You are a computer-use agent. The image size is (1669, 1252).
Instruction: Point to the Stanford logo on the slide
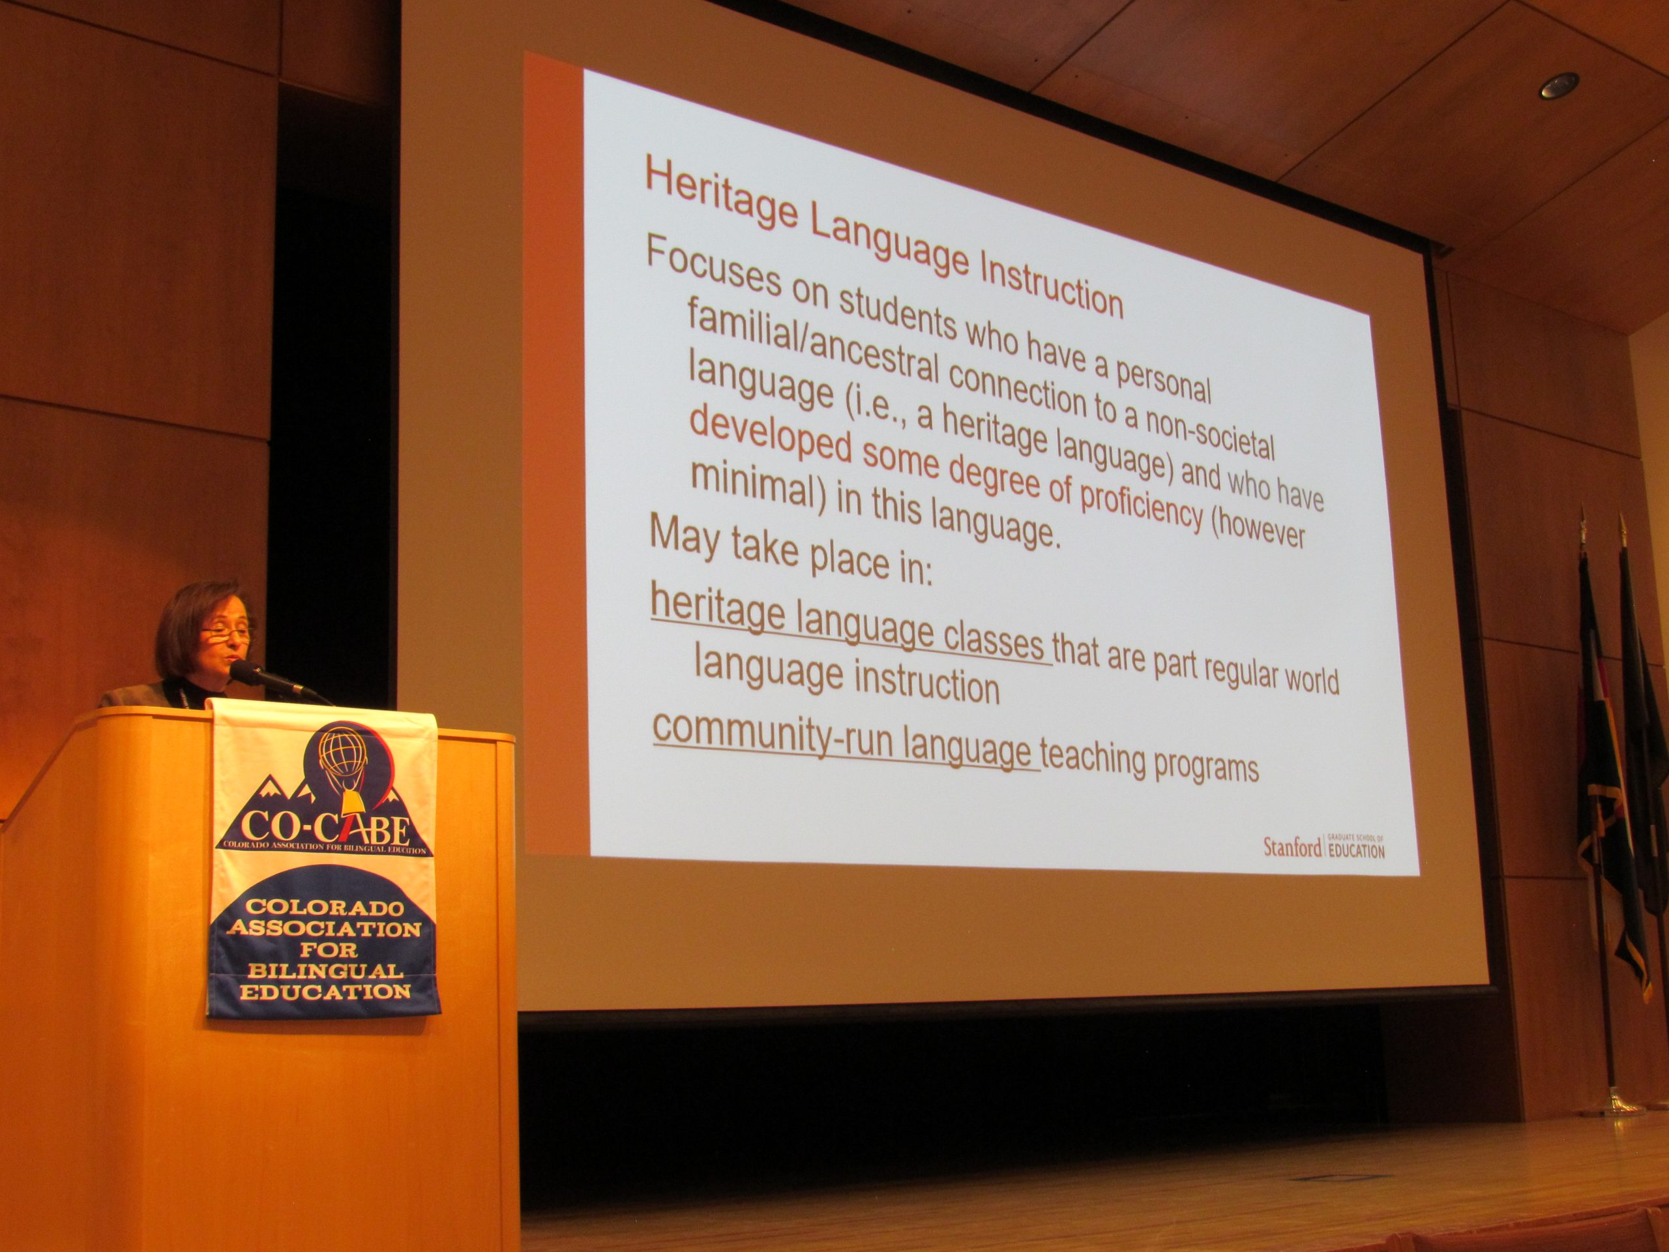pyautogui.click(x=1324, y=846)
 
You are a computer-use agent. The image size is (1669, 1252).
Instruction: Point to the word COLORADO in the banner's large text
pyautogui.click(x=325, y=906)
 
